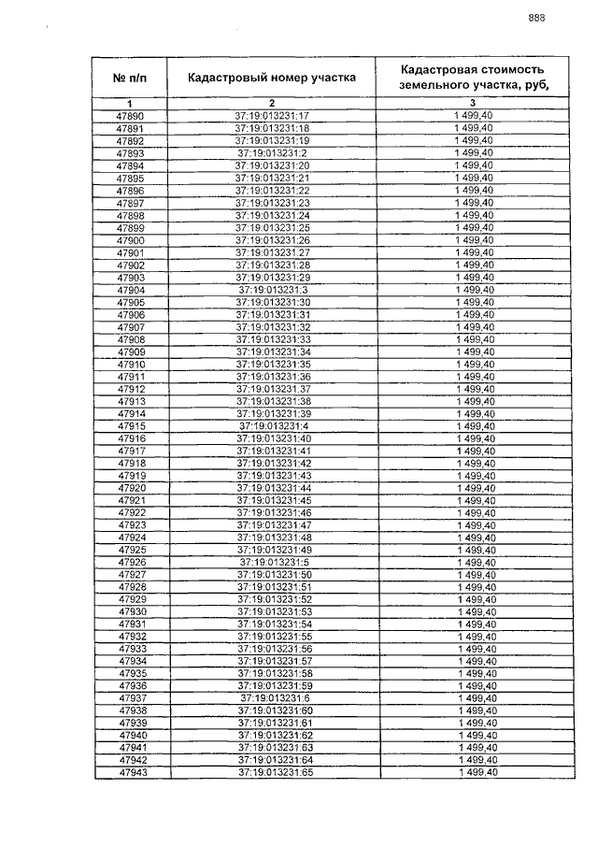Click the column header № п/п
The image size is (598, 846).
tap(130, 77)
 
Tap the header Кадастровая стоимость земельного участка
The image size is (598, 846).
tap(473, 77)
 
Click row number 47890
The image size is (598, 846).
tap(130, 115)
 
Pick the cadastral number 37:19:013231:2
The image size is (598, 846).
tap(272, 152)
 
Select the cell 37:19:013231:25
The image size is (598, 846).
tap(272, 227)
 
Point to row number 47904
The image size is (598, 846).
tap(130, 290)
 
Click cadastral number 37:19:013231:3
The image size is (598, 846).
tap(272, 290)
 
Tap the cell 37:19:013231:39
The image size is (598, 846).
tap(272, 413)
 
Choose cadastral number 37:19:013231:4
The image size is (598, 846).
tap(272, 426)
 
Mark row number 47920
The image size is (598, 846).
tap(131, 488)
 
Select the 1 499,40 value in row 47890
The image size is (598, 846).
tap(473, 115)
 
